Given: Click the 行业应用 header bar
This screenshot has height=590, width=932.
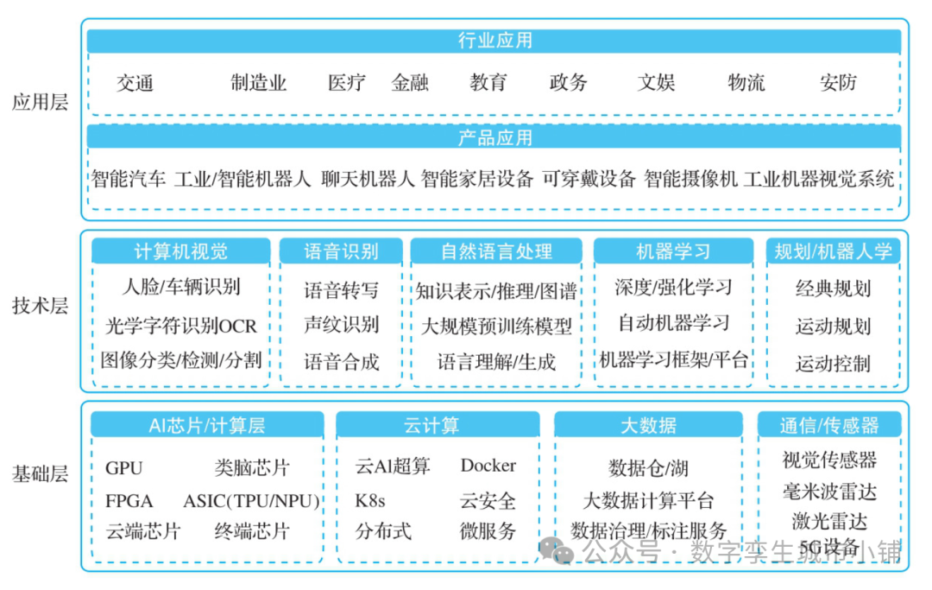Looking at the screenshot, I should (x=494, y=41).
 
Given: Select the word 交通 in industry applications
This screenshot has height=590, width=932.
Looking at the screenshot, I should (x=135, y=83).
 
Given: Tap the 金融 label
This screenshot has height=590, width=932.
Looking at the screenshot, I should (x=410, y=83).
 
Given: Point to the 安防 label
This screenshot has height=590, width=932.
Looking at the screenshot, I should (x=838, y=83).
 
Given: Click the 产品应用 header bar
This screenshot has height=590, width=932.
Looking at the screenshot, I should (x=494, y=137).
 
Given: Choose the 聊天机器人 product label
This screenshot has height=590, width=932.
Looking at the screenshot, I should (x=368, y=180).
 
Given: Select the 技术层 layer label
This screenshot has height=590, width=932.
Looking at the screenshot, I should (x=40, y=307).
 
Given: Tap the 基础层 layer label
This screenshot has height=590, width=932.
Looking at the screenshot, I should (x=40, y=474).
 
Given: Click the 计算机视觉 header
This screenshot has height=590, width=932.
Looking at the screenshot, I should (x=181, y=251).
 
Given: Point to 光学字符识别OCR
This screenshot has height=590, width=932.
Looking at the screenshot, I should (x=181, y=327).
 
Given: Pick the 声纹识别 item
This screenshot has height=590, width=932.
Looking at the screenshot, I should (x=341, y=325).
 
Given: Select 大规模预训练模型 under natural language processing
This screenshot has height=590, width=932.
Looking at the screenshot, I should (x=496, y=327).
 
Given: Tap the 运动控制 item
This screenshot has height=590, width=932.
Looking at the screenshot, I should (x=833, y=364).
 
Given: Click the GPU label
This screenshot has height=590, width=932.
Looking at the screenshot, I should (x=124, y=468).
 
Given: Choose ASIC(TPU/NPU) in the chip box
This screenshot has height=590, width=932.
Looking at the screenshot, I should (x=251, y=501).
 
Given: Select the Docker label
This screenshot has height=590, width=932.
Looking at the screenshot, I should (x=488, y=466).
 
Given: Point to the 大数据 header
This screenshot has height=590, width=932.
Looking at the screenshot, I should (x=648, y=425).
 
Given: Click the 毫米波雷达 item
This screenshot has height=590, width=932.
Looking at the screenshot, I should (x=829, y=492).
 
